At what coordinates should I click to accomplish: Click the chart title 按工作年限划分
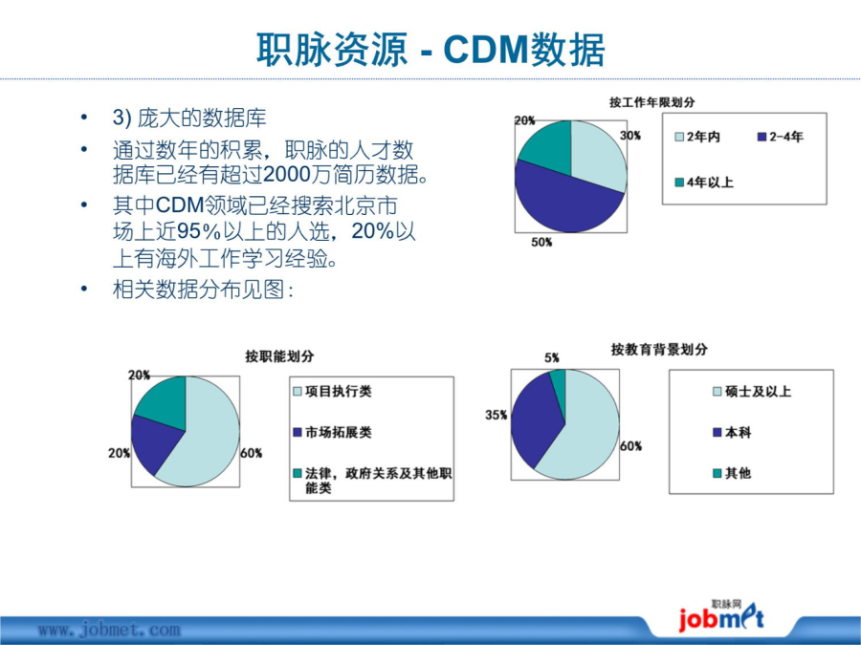(651, 102)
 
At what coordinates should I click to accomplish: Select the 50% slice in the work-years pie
(565, 203)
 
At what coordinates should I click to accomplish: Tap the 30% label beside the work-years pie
(629, 136)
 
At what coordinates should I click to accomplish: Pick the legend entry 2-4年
(781, 137)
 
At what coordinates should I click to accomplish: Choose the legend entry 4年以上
(704, 183)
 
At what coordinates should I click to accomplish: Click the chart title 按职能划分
(279, 356)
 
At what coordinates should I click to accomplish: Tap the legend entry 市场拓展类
(333, 433)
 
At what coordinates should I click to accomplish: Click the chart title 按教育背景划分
(659, 350)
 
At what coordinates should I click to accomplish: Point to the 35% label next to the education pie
(496, 416)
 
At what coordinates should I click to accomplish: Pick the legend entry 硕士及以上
(752, 392)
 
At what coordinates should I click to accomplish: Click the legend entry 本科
(732, 433)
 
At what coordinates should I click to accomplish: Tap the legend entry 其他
(732, 473)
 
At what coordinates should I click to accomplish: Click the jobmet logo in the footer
(720, 617)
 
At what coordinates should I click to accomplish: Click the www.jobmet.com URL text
(109, 631)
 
